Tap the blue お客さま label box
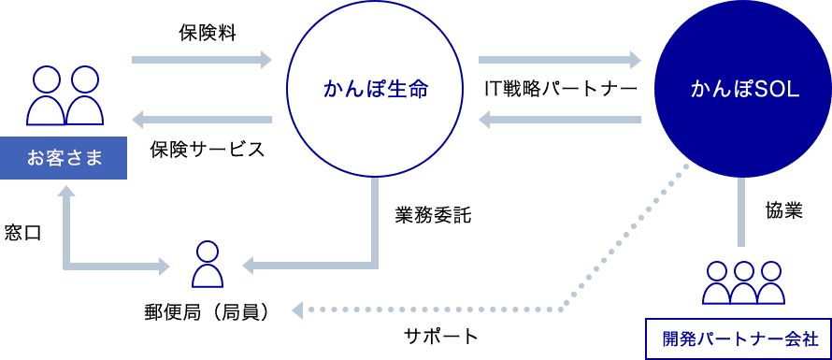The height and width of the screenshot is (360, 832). (64, 156)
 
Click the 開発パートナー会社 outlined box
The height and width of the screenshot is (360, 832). (738, 338)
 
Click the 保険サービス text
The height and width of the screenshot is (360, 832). (207, 149)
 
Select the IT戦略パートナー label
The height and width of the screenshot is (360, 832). (560, 90)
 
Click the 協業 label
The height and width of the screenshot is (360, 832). (784, 210)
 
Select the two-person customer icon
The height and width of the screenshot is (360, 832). (65, 95)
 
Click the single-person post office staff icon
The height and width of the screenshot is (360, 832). (207, 265)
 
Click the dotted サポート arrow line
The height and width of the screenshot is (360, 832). (561, 308)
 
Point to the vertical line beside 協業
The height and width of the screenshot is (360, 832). (743, 214)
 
